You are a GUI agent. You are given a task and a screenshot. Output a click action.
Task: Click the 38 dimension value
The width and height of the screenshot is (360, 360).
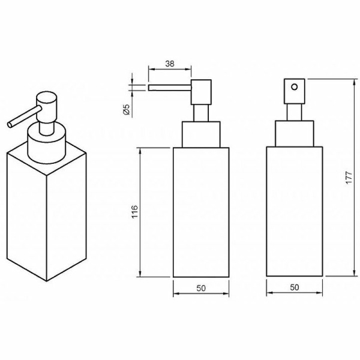pyautogui.click(x=170, y=64)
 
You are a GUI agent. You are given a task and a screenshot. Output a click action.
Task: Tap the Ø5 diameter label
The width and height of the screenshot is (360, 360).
pyautogui.click(x=127, y=109)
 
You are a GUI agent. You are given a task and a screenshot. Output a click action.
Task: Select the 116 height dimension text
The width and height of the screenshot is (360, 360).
pyautogui.click(x=135, y=212)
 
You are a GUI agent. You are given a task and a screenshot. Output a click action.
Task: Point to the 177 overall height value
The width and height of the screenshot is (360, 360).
pyautogui.click(x=349, y=177)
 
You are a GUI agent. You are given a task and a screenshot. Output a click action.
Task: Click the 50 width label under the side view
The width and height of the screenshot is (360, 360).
pyautogui.click(x=201, y=288)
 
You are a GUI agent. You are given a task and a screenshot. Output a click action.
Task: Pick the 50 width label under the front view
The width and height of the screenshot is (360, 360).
pyautogui.click(x=295, y=287)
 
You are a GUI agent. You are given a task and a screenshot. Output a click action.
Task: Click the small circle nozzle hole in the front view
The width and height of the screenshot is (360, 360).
pyautogui.click(x=295, y=87)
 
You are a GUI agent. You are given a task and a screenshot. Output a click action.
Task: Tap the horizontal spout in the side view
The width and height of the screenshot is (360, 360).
pyautogui.click(x=170, y=88)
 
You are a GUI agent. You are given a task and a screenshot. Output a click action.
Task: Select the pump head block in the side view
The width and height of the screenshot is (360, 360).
pyautogui.click(x=201, y=92)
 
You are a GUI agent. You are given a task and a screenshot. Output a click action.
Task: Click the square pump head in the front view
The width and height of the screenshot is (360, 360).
pyautogui.click(x=295, y=91)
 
